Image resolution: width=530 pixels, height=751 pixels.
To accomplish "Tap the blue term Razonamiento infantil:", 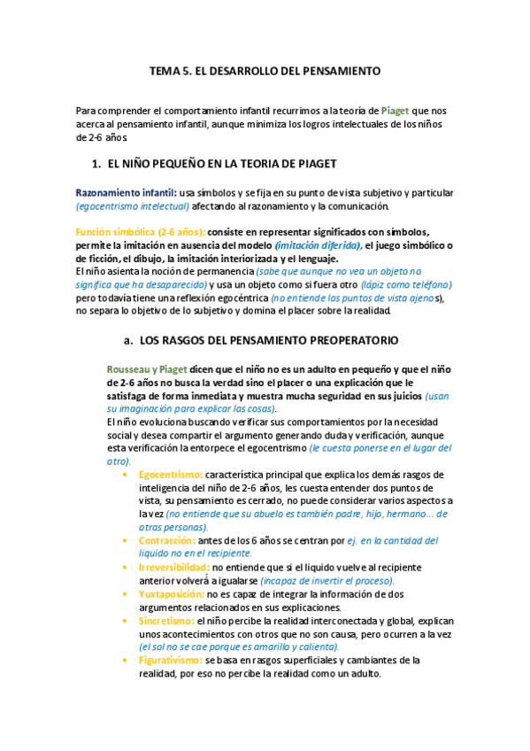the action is click(126, 193).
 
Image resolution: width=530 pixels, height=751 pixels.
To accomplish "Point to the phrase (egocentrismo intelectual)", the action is click(133, 206).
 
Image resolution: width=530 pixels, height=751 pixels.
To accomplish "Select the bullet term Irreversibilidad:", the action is click(174, 567).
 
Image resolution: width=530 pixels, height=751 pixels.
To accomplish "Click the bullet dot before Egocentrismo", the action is click(126, 475).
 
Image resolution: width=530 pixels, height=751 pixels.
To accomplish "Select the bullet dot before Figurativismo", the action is click(126, 661).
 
